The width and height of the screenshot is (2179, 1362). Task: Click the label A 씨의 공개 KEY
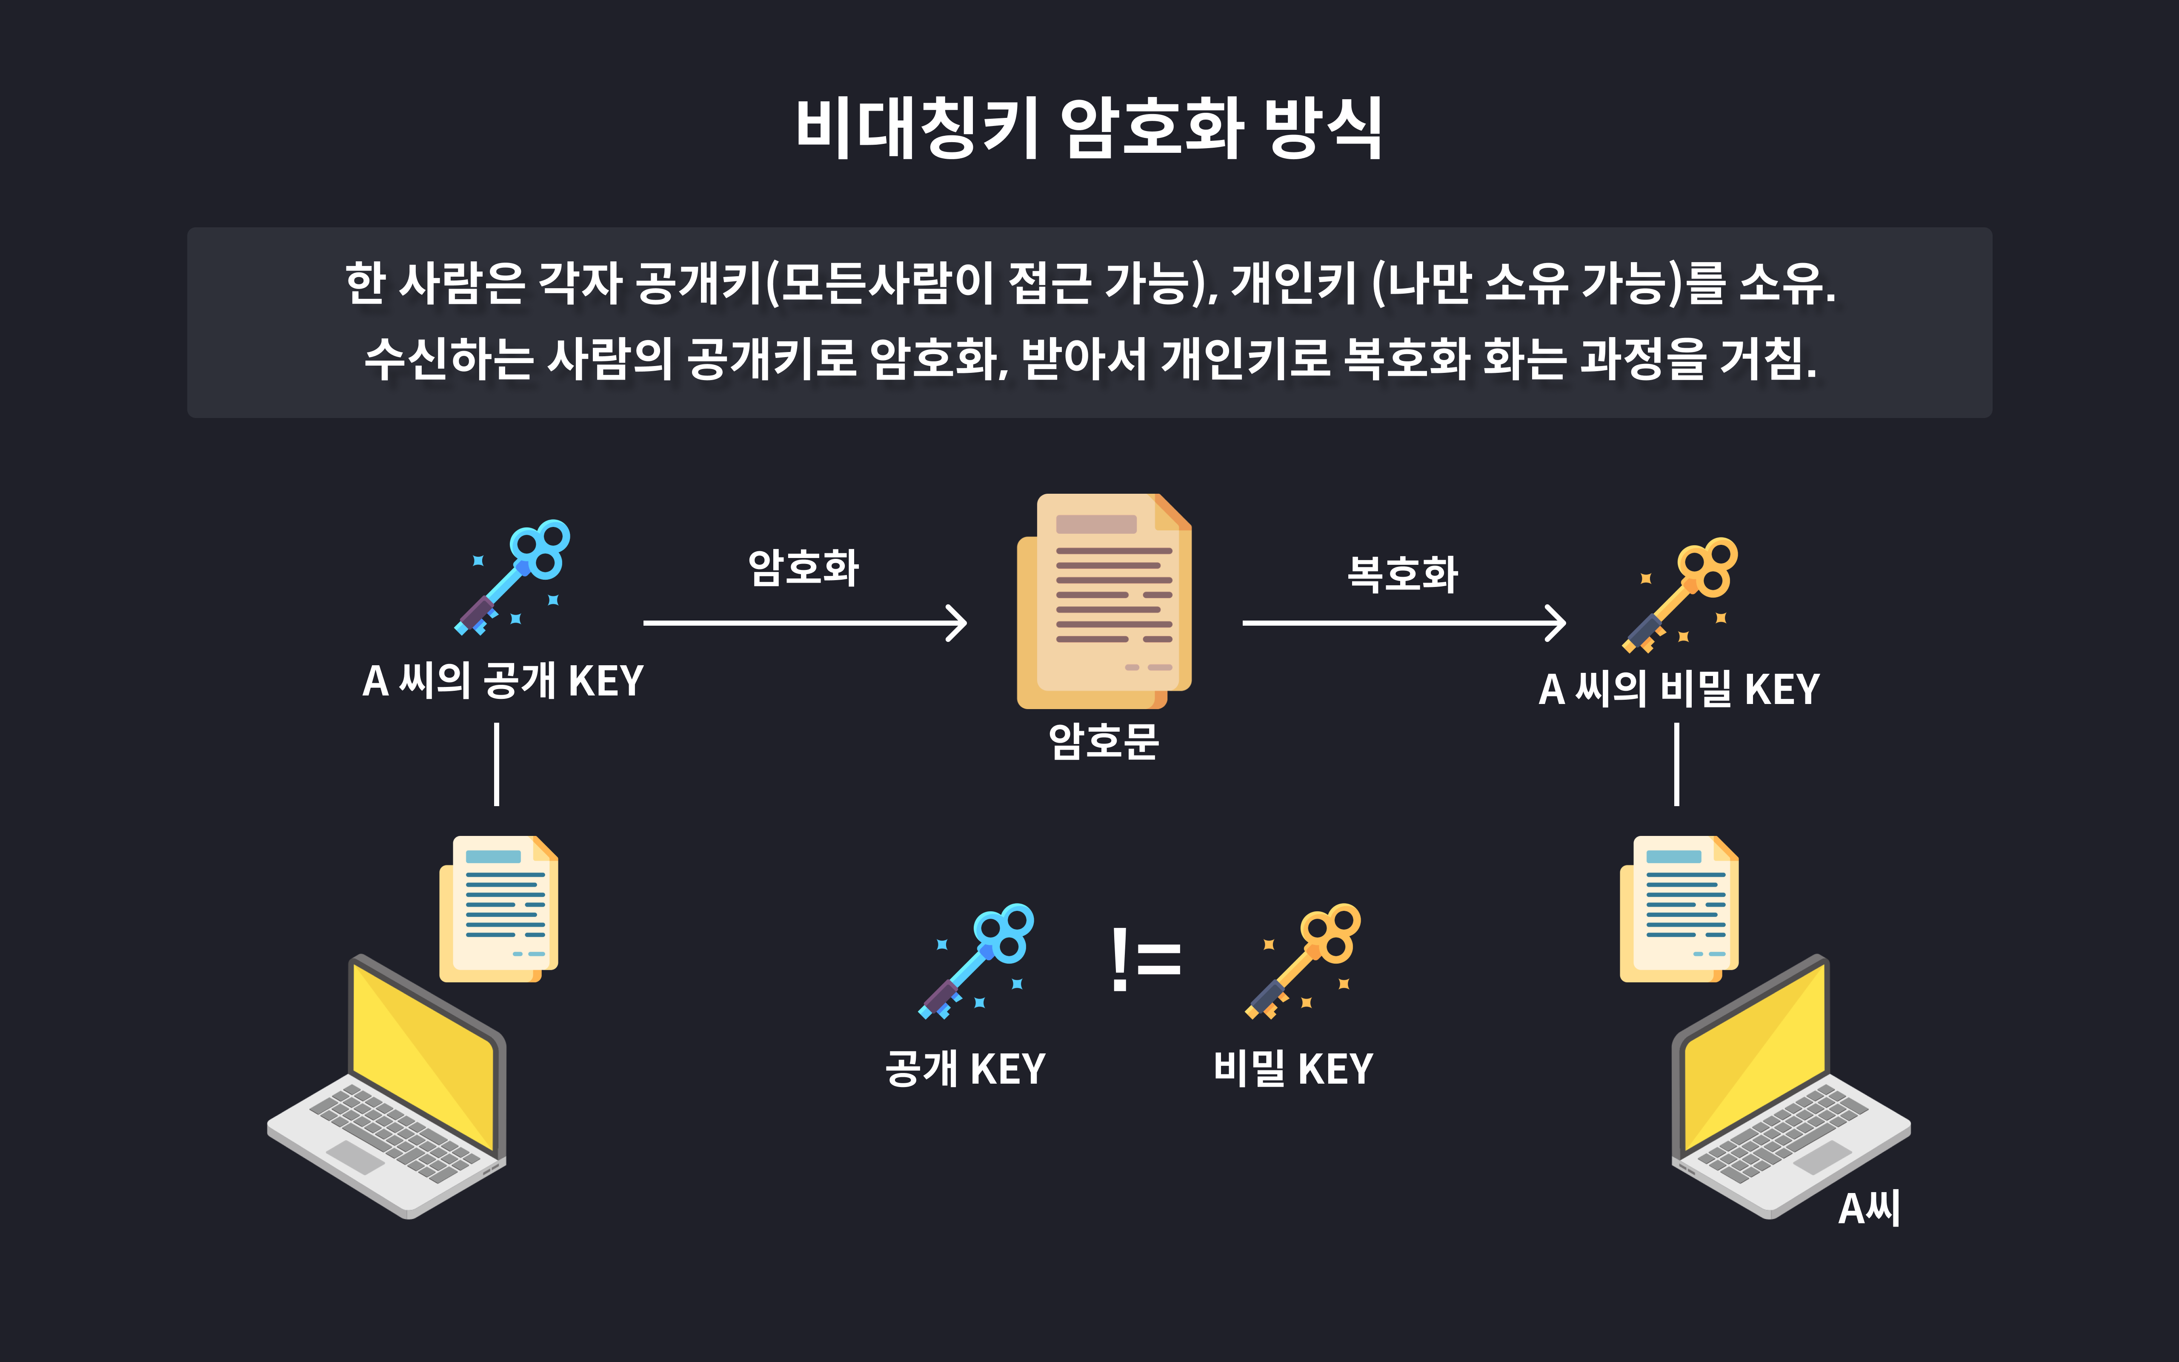click(x=503, y=681)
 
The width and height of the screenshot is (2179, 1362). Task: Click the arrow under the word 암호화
click(x=804, y=622)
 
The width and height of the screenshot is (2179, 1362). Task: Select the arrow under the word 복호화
click(x=1403, y=622)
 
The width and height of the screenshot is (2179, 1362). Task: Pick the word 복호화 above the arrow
click(x=1402, y=574)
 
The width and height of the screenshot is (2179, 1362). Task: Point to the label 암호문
click(x=1104, y=741)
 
